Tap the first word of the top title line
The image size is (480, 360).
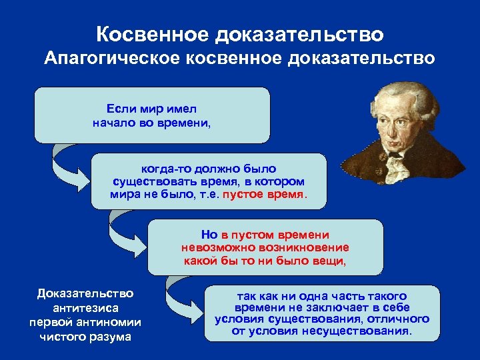[x=151, y=33]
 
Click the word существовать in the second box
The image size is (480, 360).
[x=150, y=182]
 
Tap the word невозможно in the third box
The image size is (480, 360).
[x=212, y=247]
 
